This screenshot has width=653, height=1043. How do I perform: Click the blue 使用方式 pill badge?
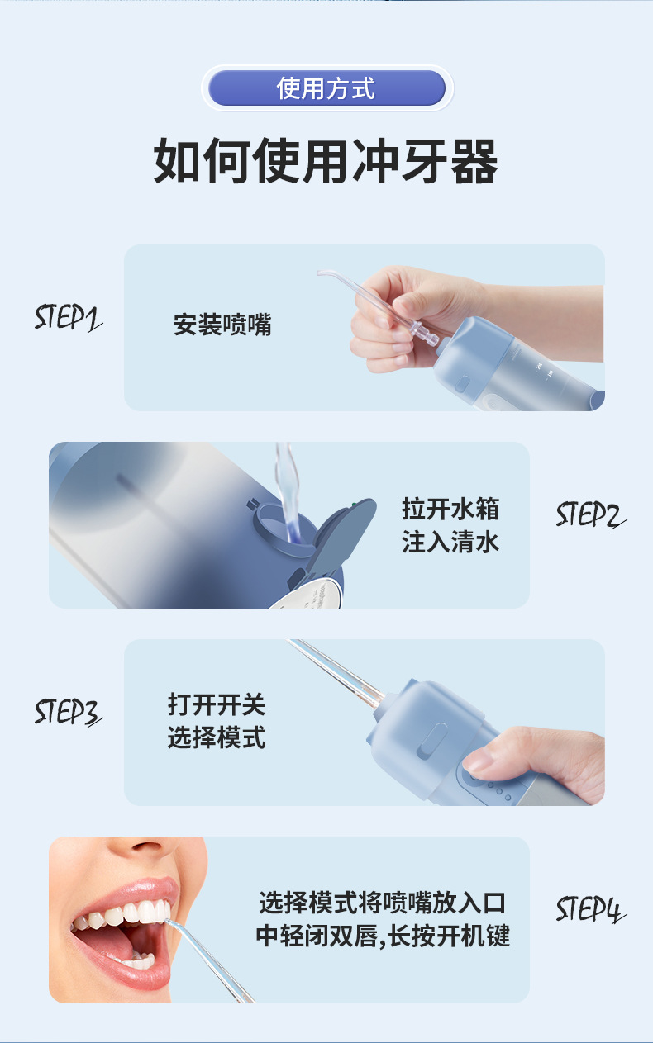click(326, 88)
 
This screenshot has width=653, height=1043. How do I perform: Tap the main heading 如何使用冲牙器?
click(326, 161)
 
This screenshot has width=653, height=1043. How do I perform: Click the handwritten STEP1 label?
click(68, 318)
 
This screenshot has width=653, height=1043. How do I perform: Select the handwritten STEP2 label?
click(590, 514)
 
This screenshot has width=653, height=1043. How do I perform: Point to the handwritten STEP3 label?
click(68, 712)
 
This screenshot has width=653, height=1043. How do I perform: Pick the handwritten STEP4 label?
click(590, 908)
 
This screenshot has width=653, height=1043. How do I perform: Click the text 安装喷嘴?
click(222, 325)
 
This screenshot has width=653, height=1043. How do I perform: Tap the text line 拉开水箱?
click(450, 509)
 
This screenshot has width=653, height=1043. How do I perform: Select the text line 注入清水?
click(450, 543)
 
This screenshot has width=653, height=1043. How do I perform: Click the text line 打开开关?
click(217, 704)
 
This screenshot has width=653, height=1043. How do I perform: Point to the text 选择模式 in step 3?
click(217, 738)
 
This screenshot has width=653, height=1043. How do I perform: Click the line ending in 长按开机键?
click(383, 936)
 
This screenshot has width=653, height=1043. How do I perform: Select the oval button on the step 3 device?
click(431, 741)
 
